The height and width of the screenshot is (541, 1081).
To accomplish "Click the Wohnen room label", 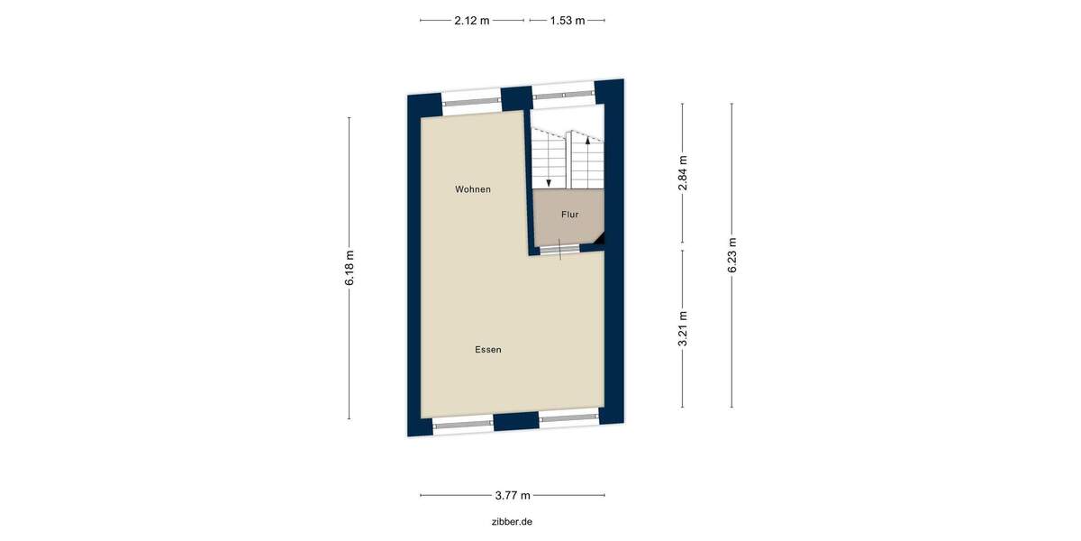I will click(x=473, y=189).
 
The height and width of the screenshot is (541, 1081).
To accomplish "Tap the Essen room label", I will click(x=488, y=350).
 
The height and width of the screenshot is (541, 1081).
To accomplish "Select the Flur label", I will click(x=569, y=215).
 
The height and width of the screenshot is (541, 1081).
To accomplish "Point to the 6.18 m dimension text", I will click(x=350, y=270).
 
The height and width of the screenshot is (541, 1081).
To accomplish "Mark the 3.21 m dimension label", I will click(x=683, y=329).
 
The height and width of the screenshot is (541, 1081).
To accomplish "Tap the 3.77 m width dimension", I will click(x=513, y=495).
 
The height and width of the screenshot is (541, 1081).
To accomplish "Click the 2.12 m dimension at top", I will click(x=472, y=20).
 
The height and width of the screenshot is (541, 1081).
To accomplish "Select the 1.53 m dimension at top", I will click(x=568, y=20).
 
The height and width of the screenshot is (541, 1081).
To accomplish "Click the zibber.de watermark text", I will click(x=513, y=521).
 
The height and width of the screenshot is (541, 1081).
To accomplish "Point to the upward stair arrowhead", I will click(x=587, y=140).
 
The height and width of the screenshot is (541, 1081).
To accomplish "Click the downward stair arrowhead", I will click(x=550, y=182).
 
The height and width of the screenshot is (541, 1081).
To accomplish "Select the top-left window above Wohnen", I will click(x=471, y=101).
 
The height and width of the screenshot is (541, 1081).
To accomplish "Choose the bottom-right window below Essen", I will click(x=569, y=418).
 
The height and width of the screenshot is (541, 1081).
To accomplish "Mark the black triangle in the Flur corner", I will click(x=598, y=238).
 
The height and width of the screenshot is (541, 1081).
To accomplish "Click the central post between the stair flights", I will click(x=568, y=160).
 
